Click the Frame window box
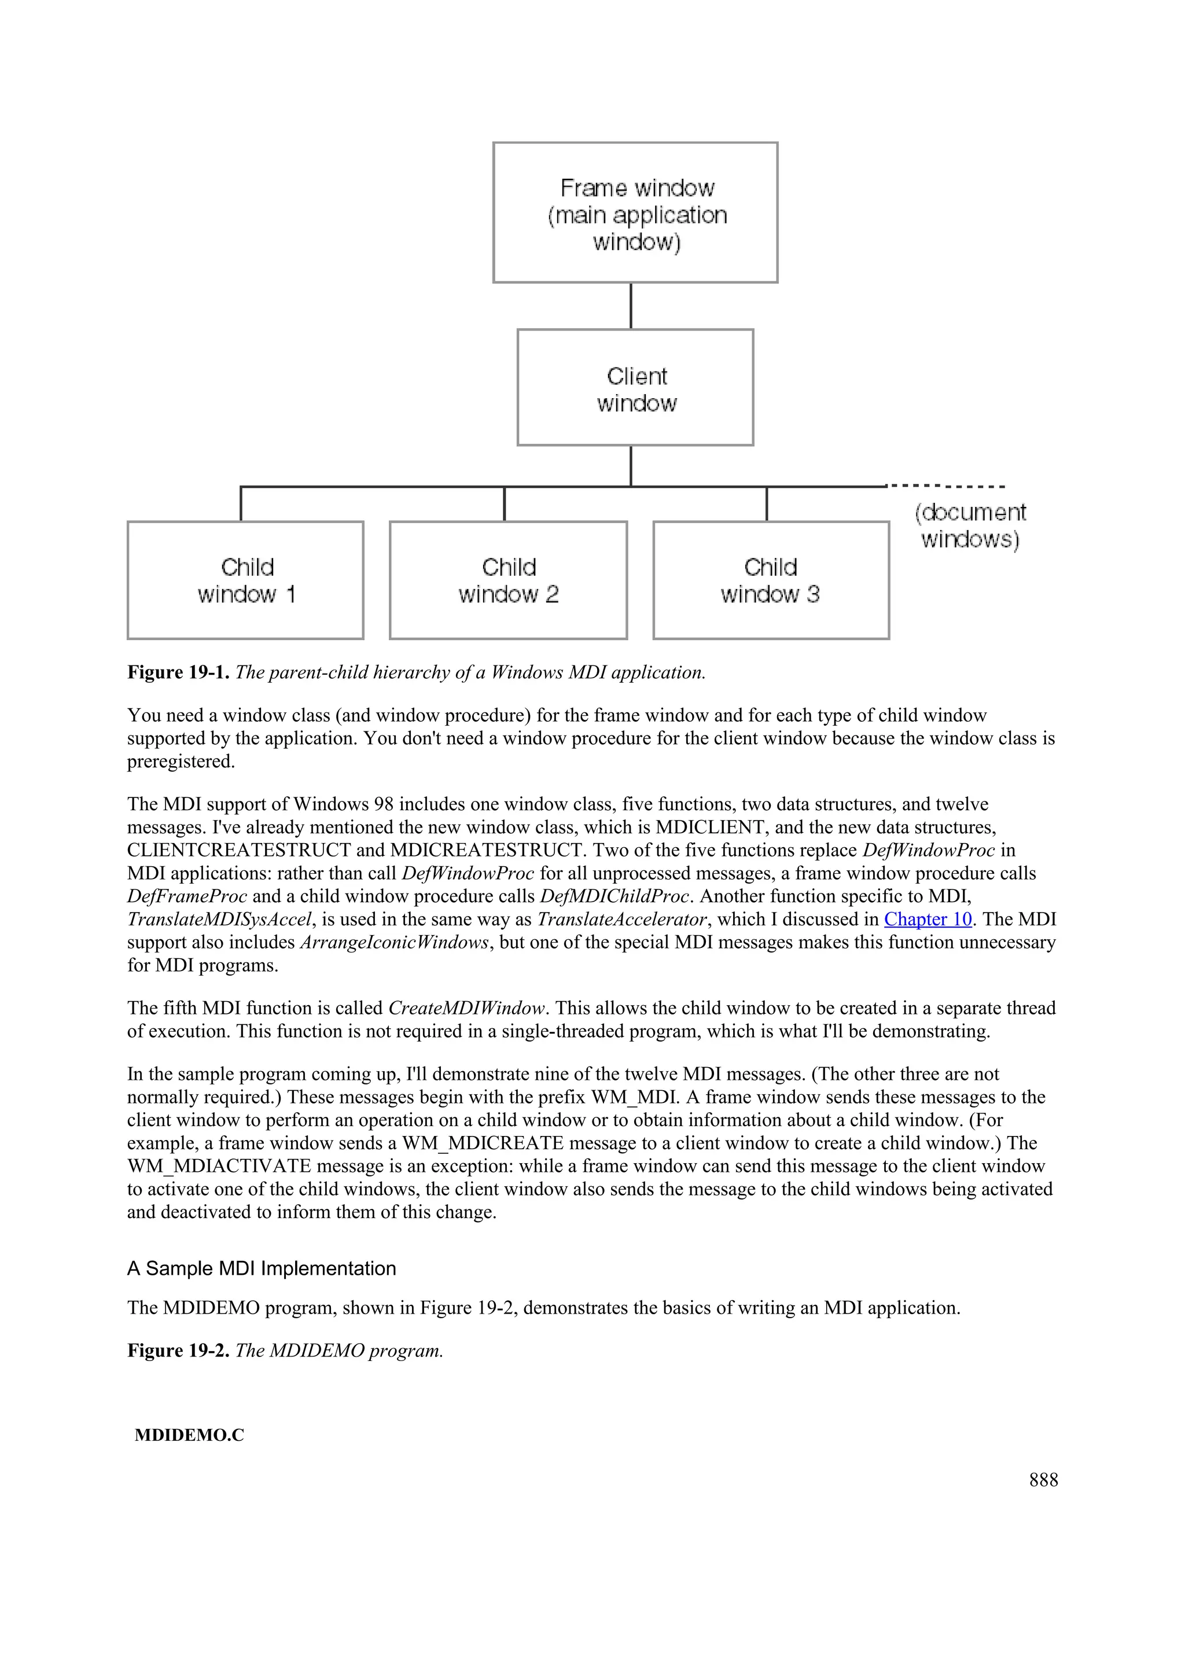635,212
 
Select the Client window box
635,388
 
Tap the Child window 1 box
245,580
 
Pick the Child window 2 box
508,580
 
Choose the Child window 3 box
771,580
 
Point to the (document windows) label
970,526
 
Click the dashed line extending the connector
945,486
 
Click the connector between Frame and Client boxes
631,306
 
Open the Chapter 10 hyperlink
928,920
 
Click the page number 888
1043,1480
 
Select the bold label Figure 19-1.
179,672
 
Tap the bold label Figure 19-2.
179,1351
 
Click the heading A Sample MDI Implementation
262,1268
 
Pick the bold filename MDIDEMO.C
190,1435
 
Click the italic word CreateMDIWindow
466,1009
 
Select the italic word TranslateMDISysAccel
220,920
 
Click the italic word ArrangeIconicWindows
394,943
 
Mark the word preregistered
181,762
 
